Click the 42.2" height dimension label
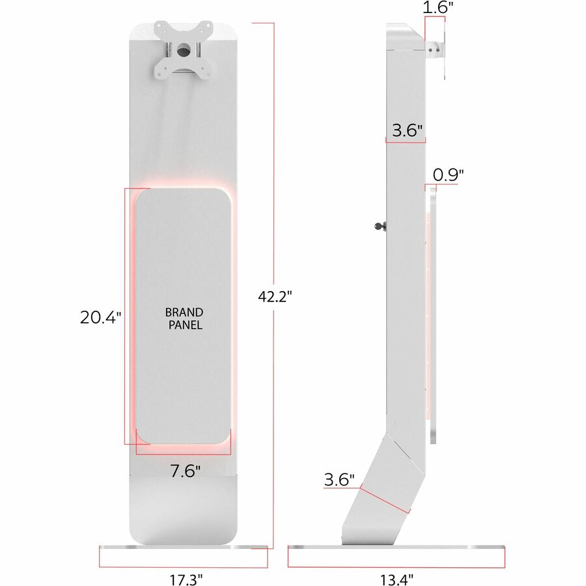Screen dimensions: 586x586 tap(274, 296)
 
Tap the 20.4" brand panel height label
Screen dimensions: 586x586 tap(100, 318)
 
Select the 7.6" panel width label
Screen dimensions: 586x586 tap(186, 471)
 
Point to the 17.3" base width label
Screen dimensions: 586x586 tap(186, 579)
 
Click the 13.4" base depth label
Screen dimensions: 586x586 tap(397, 579)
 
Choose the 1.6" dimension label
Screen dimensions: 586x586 tap(438, 7)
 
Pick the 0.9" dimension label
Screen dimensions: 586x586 tap(448, 174)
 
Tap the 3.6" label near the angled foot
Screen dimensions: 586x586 tap(339, 479)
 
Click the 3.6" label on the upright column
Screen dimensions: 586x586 tap(407, 130)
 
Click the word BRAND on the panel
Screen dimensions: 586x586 tap(184, 312)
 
